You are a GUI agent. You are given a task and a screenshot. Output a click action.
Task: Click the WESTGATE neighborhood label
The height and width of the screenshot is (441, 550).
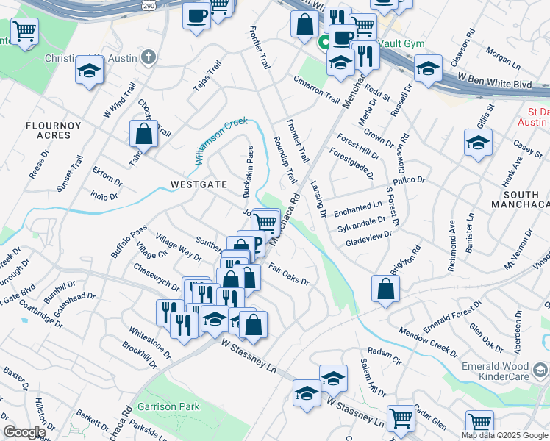click(x=199, y=184)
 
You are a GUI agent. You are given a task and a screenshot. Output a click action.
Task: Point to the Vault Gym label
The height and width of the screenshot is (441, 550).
click(x=404, y=44)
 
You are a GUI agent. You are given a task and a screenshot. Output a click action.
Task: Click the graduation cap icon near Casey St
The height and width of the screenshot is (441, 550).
click(x=478, y=143)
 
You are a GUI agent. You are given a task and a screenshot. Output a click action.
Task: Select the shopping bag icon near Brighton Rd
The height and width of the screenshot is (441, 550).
click(x=385, y=289)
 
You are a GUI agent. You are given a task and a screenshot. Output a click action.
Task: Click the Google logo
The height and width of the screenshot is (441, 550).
click(x=24, y=432)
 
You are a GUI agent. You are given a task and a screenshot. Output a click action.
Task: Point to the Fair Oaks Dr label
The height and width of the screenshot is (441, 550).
click(x=288, y=275)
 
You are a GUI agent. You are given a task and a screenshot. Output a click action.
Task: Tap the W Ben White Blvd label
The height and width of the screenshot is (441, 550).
click(x=494, y=81)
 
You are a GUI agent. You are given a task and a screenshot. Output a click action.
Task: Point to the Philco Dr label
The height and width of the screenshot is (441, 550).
click(x=410, y=180)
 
